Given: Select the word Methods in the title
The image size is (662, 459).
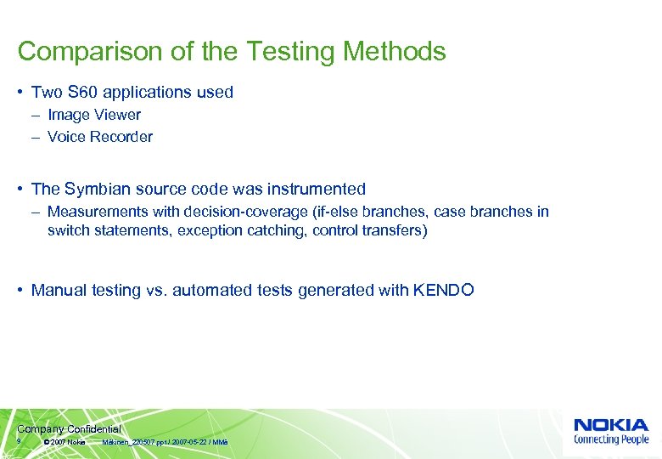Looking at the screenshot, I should point(394,51).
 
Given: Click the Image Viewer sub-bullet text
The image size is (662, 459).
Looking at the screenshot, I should point(94,115).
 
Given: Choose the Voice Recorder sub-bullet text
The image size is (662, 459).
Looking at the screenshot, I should point(100,137).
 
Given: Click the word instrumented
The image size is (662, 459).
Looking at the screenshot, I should point(314,189).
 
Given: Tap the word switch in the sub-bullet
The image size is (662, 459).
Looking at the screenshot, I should point(69,230).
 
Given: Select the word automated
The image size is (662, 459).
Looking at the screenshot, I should point(204,290).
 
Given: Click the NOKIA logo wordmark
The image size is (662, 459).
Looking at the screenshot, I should point(611,425).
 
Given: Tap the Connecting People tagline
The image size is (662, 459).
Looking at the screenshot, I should point(611,439).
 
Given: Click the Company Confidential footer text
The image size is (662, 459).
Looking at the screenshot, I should point(69,429).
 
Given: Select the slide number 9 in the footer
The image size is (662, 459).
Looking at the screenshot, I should point(19,442).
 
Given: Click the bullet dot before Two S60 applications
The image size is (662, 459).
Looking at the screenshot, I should point(20,93).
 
